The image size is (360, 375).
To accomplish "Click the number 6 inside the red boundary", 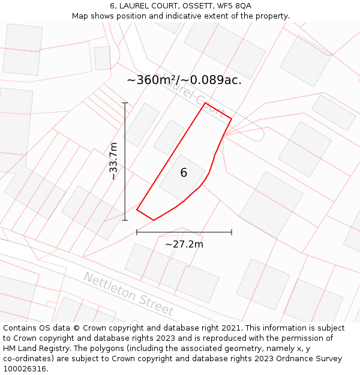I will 184,173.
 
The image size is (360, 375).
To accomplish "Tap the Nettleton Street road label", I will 128,294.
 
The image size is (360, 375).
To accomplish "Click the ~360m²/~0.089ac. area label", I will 184,80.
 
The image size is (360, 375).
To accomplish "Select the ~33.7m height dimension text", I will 113,161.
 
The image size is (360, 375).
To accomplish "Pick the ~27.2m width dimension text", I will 184,244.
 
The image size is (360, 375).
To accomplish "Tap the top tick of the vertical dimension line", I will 125,103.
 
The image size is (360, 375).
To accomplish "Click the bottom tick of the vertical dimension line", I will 125,220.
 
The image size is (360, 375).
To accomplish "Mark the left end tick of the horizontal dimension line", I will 137,232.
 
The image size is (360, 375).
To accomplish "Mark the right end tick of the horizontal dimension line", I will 232,232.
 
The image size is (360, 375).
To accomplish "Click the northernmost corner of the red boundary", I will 205,103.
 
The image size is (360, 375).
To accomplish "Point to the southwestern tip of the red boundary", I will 137,210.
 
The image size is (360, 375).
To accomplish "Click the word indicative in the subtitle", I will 185,16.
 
